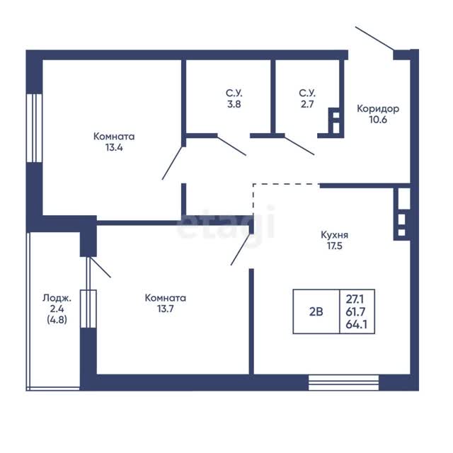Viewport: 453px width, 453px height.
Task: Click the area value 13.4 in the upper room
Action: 114,148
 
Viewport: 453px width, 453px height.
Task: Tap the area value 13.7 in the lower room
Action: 166,309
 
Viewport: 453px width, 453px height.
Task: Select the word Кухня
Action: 335,235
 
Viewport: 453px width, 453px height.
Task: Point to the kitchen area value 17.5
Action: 335,246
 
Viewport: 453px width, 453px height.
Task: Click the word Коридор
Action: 378,109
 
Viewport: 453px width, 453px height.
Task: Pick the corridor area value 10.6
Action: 378,120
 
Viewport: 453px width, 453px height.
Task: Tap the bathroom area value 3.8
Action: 234,104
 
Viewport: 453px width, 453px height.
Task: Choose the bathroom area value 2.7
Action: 307,104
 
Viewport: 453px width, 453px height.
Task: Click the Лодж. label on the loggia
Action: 57,298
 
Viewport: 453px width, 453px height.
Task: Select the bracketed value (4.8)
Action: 57,319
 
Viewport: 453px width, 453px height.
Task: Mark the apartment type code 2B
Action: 316,311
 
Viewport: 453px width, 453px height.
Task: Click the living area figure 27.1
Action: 355,299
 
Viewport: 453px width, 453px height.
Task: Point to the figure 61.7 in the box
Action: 355,311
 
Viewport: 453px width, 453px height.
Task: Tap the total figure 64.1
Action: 356,324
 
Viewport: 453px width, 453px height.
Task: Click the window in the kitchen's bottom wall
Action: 343,382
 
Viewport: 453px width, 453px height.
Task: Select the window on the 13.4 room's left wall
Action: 35,128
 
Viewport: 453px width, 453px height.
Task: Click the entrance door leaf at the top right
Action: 374,38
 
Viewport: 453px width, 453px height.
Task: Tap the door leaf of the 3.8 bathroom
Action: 231,146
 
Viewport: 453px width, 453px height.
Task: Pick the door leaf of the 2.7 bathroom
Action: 299,146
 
